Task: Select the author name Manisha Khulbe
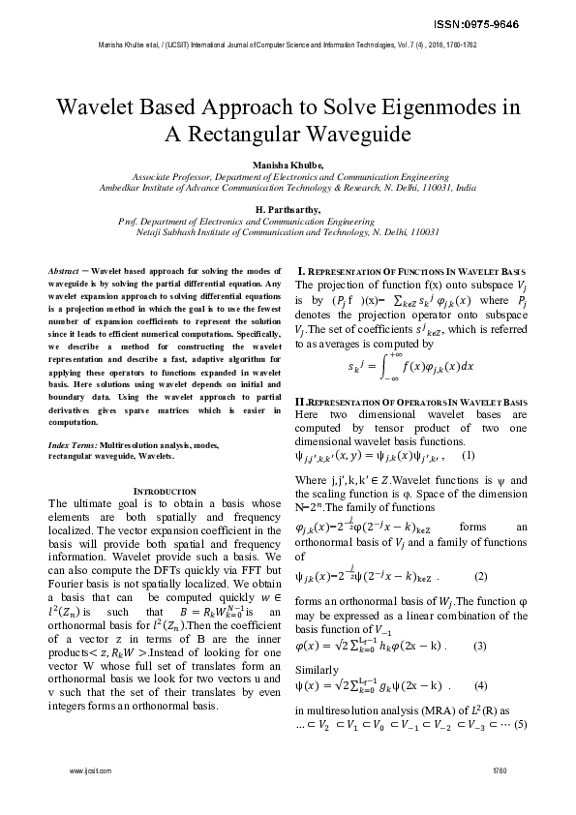pyautogui.click(x=288, y=166)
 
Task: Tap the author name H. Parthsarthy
pyautogui.click(x=288, y=208)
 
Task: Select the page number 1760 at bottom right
pyautogui.click(x=499, y=770)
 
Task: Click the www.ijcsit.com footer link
pyautogui.click(x=91, y=770)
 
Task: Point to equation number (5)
pyautogui.click(x=520, y=724)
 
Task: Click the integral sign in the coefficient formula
pyautogui.click(x=385, y=367)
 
